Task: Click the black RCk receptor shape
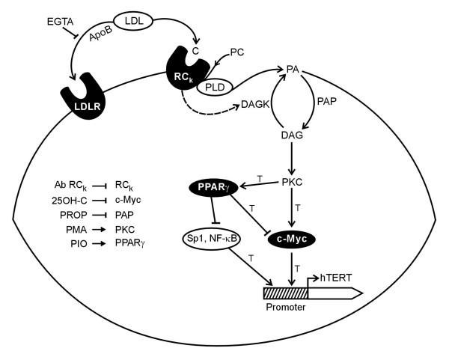click(x=180, y=71)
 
